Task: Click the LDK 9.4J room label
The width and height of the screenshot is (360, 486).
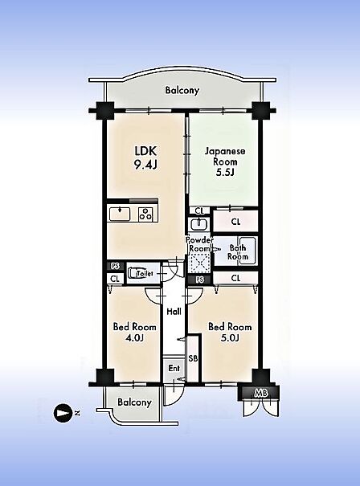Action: tap(145, 157)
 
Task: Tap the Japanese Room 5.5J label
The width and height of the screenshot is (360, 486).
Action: tap(225, 161)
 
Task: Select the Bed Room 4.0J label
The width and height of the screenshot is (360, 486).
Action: tap(134, 332)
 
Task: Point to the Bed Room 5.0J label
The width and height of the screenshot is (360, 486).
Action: tap(230, 332)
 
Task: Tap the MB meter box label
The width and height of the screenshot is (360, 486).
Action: tap(261, 393)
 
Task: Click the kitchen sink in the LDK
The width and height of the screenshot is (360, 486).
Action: tap(120, 214)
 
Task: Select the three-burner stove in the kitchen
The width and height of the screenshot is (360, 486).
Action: tap(145, 214)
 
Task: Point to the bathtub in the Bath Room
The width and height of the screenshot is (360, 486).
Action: tap(247, 251)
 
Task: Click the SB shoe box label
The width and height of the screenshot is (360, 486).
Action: tap(193, 358)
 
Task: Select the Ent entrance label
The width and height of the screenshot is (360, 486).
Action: tap(174, 368)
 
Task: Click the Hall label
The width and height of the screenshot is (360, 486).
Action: tap(174, 311)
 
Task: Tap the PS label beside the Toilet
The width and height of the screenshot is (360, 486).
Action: tap(116, 266)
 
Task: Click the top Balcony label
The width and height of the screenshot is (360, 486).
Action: tap(182, 91)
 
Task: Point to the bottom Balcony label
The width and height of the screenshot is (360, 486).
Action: tap(134, 402)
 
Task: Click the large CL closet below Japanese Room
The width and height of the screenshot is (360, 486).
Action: tap(235, 221)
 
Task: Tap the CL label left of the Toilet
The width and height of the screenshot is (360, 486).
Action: tap(115, 279)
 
